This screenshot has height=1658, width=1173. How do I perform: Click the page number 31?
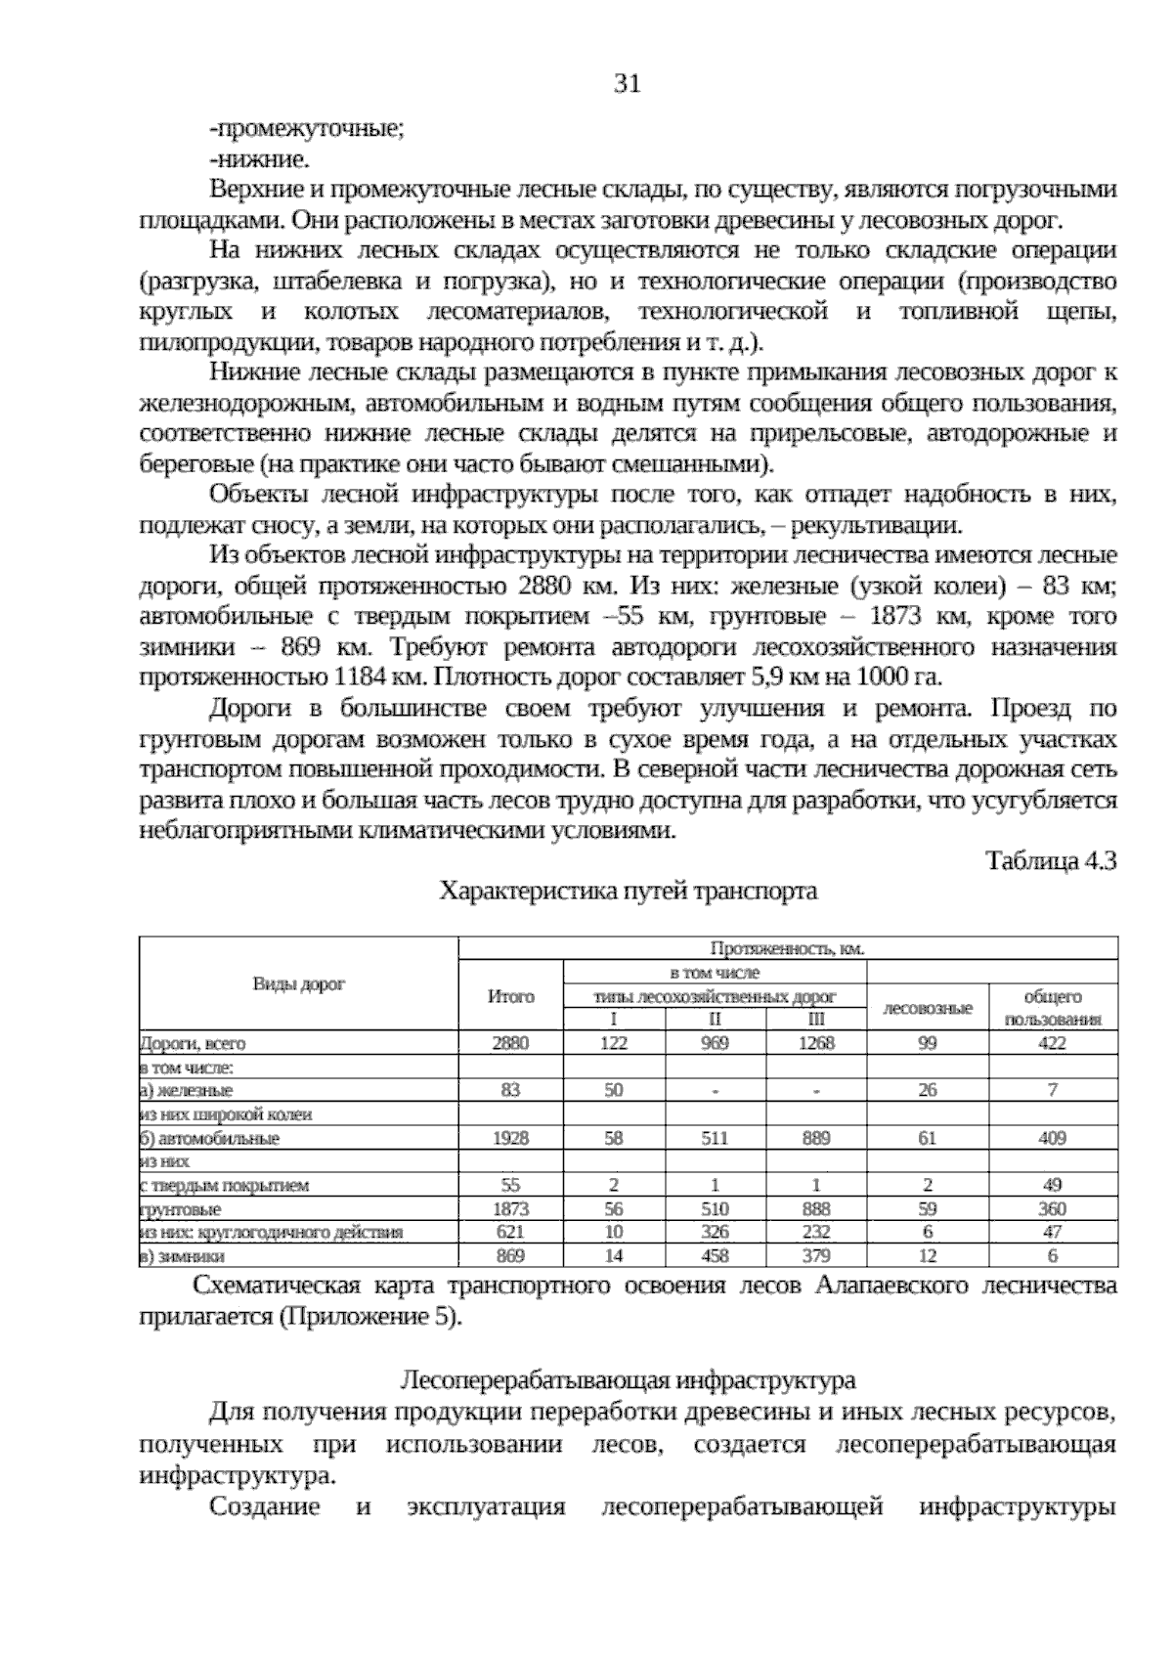[627, 84]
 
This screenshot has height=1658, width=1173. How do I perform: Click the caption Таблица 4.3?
[1051, 860]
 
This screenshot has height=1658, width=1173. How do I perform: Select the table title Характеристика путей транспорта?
[628, 892]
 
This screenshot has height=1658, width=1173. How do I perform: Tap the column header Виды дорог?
[299, 984]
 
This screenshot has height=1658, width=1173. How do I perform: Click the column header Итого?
[510, 997]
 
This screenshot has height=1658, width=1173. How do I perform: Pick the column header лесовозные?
[928, 1008]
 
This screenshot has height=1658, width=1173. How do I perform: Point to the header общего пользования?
[1053, 1008]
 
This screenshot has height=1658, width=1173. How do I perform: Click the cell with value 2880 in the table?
[510, 1043]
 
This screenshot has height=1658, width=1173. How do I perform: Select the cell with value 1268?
[816, 1043]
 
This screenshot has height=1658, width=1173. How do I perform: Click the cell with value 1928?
[510, 1138]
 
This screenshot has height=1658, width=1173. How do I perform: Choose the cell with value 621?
[510, 1232]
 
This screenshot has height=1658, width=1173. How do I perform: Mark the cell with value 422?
[1053, 1043]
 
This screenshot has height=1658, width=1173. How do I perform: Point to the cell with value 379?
[816, 1256]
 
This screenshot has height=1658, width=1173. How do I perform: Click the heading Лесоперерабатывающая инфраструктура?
[628, 1380]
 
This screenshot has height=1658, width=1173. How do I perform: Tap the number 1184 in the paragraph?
[360, 677]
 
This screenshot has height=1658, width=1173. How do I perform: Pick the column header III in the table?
[816, 1019]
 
